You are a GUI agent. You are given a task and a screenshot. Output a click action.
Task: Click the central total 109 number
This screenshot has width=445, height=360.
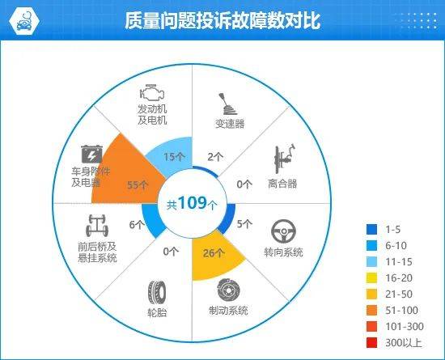click(x=193, y=202)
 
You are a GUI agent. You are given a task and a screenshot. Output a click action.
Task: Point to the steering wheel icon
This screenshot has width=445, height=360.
click(x=283, y=231)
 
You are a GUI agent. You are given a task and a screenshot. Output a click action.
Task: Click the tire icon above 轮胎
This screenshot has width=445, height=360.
click(x=157, y=293)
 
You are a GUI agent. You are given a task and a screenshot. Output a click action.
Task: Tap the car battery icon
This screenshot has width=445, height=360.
click(x=91, y=154)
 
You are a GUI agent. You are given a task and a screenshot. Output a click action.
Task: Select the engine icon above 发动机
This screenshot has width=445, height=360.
click(x=152, y=92)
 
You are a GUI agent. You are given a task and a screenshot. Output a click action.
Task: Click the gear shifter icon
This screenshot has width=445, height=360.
click(x=228, y=104)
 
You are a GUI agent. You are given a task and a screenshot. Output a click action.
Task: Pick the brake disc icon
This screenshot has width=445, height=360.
click(x=229, y=290)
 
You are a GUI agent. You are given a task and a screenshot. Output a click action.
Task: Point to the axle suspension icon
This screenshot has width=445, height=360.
click(x=97, y=226)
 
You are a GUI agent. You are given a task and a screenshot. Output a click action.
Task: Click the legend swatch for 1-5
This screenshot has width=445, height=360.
click(x=372, y=229)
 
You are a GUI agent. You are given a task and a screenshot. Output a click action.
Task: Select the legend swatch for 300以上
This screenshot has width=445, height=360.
click(x=372, y=343)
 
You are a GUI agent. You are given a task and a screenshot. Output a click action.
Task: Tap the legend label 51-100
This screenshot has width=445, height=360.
click(x=401, y=311)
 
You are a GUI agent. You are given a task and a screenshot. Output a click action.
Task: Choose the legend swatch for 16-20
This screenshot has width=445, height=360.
click(x=372, y=278)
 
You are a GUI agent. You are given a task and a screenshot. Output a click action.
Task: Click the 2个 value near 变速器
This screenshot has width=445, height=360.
click(x=215, y=157)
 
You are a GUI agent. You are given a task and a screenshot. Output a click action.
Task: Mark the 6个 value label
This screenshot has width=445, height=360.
click(x=137, y=225)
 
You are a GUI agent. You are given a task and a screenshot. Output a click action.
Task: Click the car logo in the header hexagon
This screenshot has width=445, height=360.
click(x=24, y=21)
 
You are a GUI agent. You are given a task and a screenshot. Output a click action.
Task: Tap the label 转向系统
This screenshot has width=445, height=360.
click(x=283, y=252)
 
